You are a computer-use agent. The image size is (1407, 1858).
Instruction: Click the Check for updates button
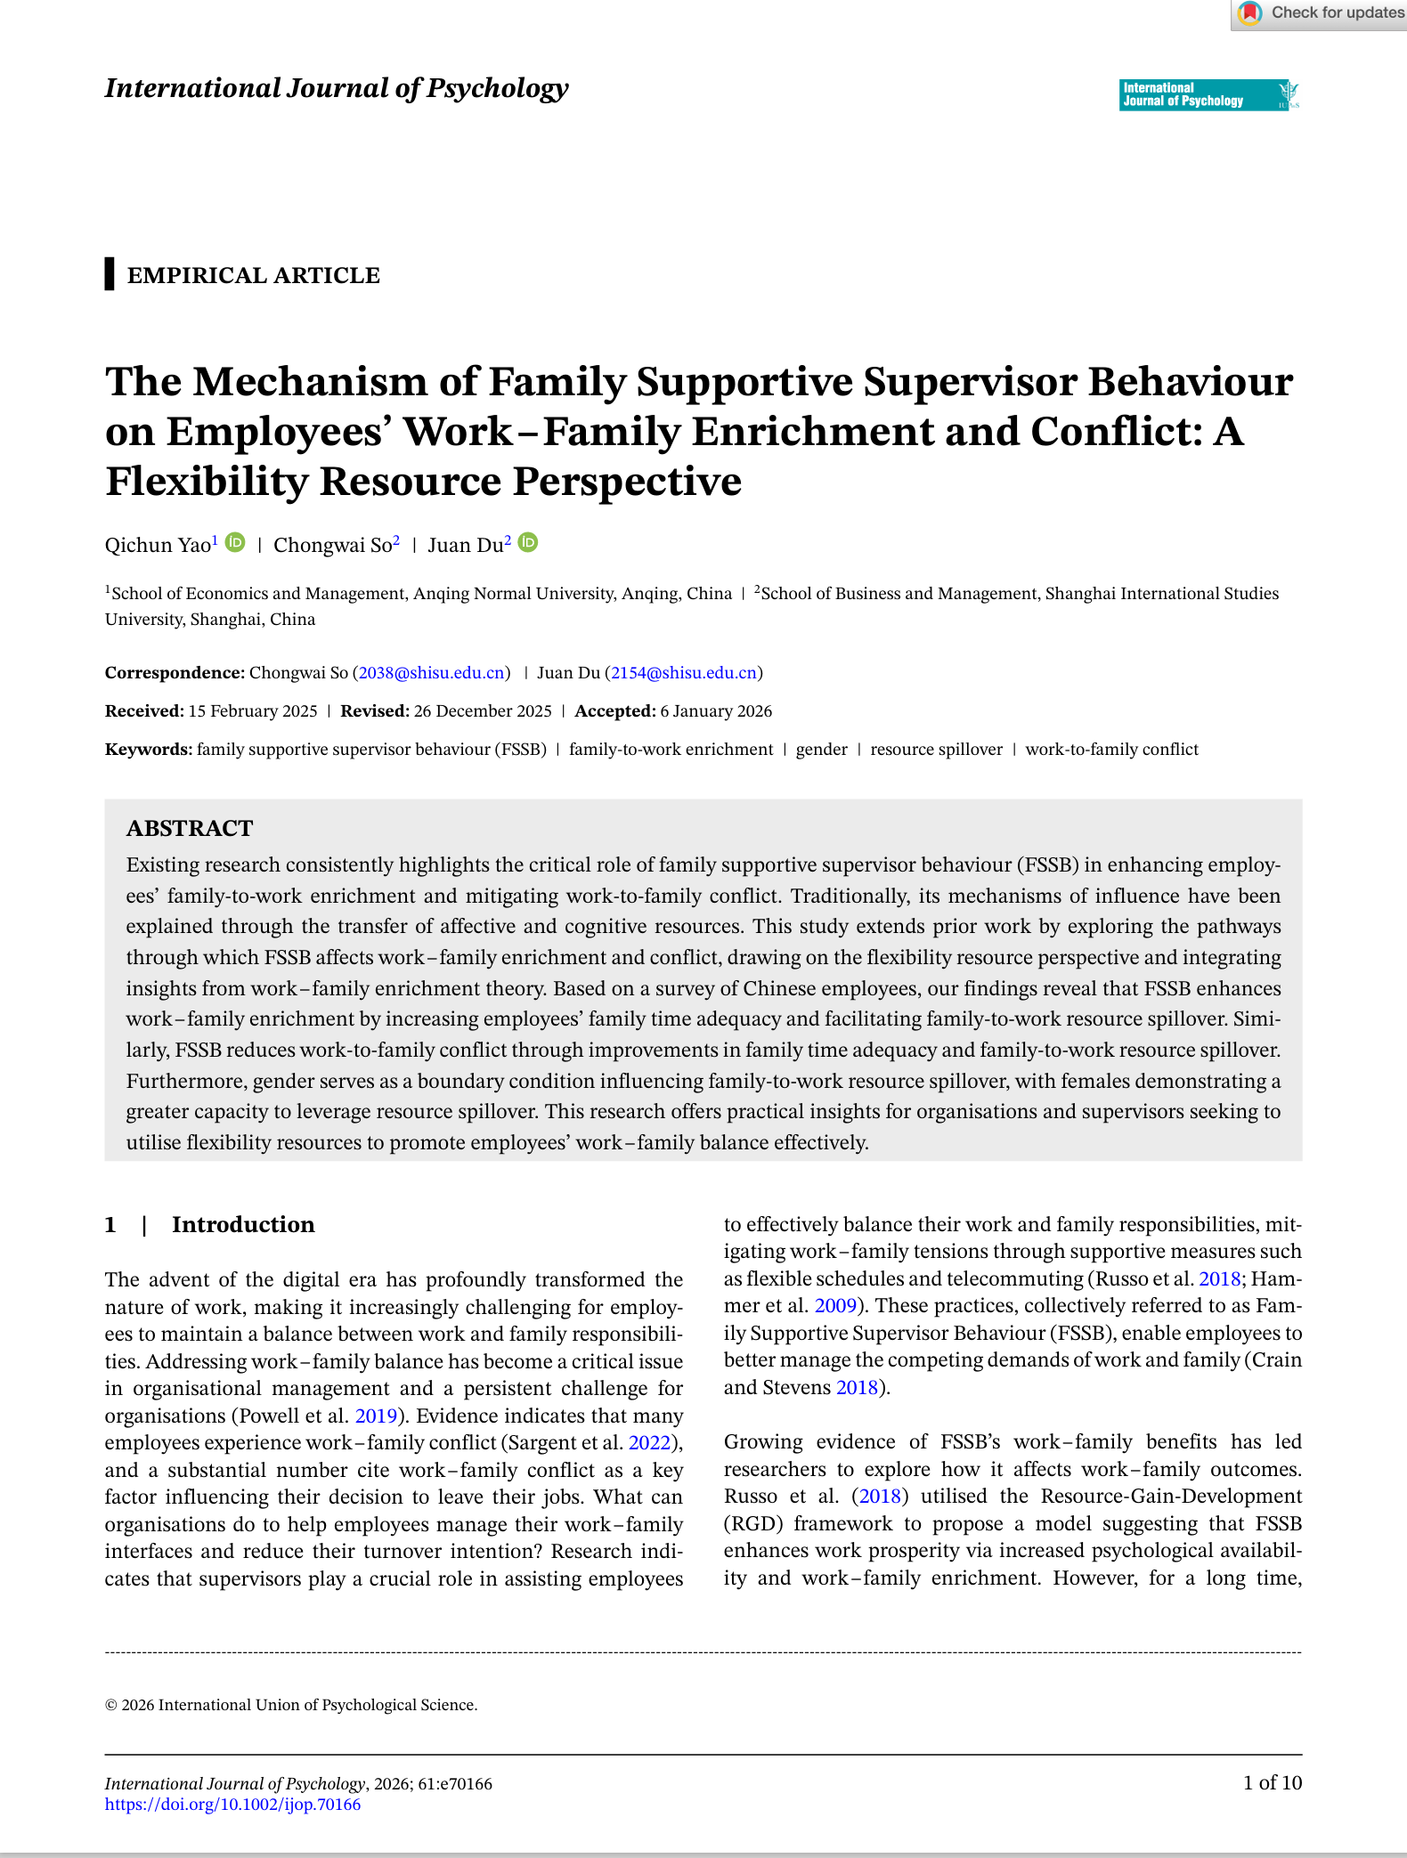pos(1320,13)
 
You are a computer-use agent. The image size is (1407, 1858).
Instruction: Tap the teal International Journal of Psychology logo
pos(1208,94)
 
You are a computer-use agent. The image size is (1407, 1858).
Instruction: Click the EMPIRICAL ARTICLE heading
pos(253,275)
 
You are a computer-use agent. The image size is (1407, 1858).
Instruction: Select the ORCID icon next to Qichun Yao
pos(235,542)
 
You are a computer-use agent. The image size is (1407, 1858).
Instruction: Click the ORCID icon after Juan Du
pos(528,542)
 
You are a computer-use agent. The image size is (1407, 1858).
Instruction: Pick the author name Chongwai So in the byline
pos(332,545)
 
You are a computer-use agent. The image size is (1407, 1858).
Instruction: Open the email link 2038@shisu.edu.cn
pos(432,672)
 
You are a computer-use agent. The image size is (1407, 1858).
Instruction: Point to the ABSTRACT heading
pos(190,828)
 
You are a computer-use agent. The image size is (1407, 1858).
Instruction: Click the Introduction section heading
pos(243,1224)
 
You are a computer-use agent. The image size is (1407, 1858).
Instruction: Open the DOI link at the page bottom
pos(232,1805)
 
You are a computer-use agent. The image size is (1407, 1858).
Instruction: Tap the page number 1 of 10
pos(1273,1782)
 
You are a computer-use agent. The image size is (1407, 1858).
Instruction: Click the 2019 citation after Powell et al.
pos(376,1416)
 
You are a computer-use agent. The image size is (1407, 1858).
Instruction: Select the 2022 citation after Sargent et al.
pos(649,1442)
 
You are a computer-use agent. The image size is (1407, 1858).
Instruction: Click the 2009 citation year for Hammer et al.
pos(835,1305)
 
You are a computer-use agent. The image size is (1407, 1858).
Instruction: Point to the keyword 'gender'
pos(821,749)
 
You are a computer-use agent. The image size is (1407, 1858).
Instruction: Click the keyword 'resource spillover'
pos(936,749)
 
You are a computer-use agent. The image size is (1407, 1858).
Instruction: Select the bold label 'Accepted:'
pos(614,710)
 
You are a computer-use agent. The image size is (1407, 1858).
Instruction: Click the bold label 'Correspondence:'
pos(175,672)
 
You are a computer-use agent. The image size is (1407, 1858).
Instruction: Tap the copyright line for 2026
pos(291,1705)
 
